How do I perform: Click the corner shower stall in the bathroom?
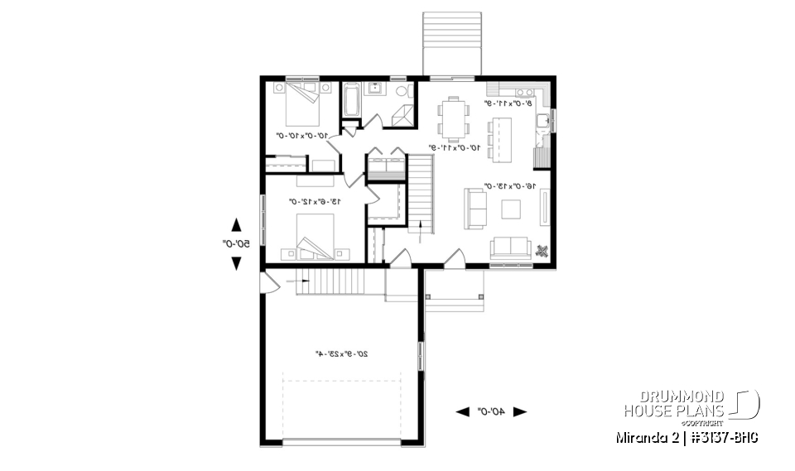click(x=404, y=117)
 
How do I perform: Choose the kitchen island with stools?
click(x=500, y=137)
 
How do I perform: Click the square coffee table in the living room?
click(x=509, y=209)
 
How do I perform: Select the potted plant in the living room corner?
click(x=542, y=252)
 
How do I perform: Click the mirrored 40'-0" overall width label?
click(x=492, y=411)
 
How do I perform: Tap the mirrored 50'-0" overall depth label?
click(x=235, y=243)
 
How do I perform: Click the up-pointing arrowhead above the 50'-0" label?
click(x=236, y=223)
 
